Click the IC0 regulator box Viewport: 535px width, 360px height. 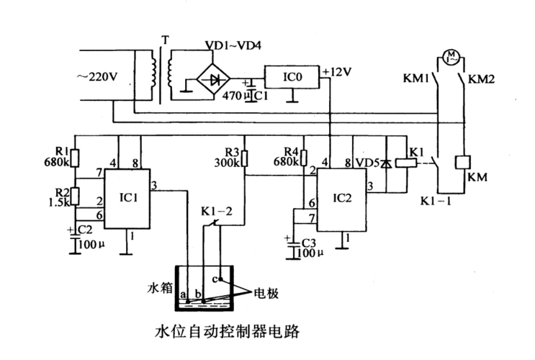292,76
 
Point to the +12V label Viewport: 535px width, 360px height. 337,71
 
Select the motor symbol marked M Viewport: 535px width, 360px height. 453,55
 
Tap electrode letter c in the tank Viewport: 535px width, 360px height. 213,278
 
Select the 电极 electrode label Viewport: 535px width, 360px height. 261,294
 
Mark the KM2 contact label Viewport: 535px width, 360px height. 480,78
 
